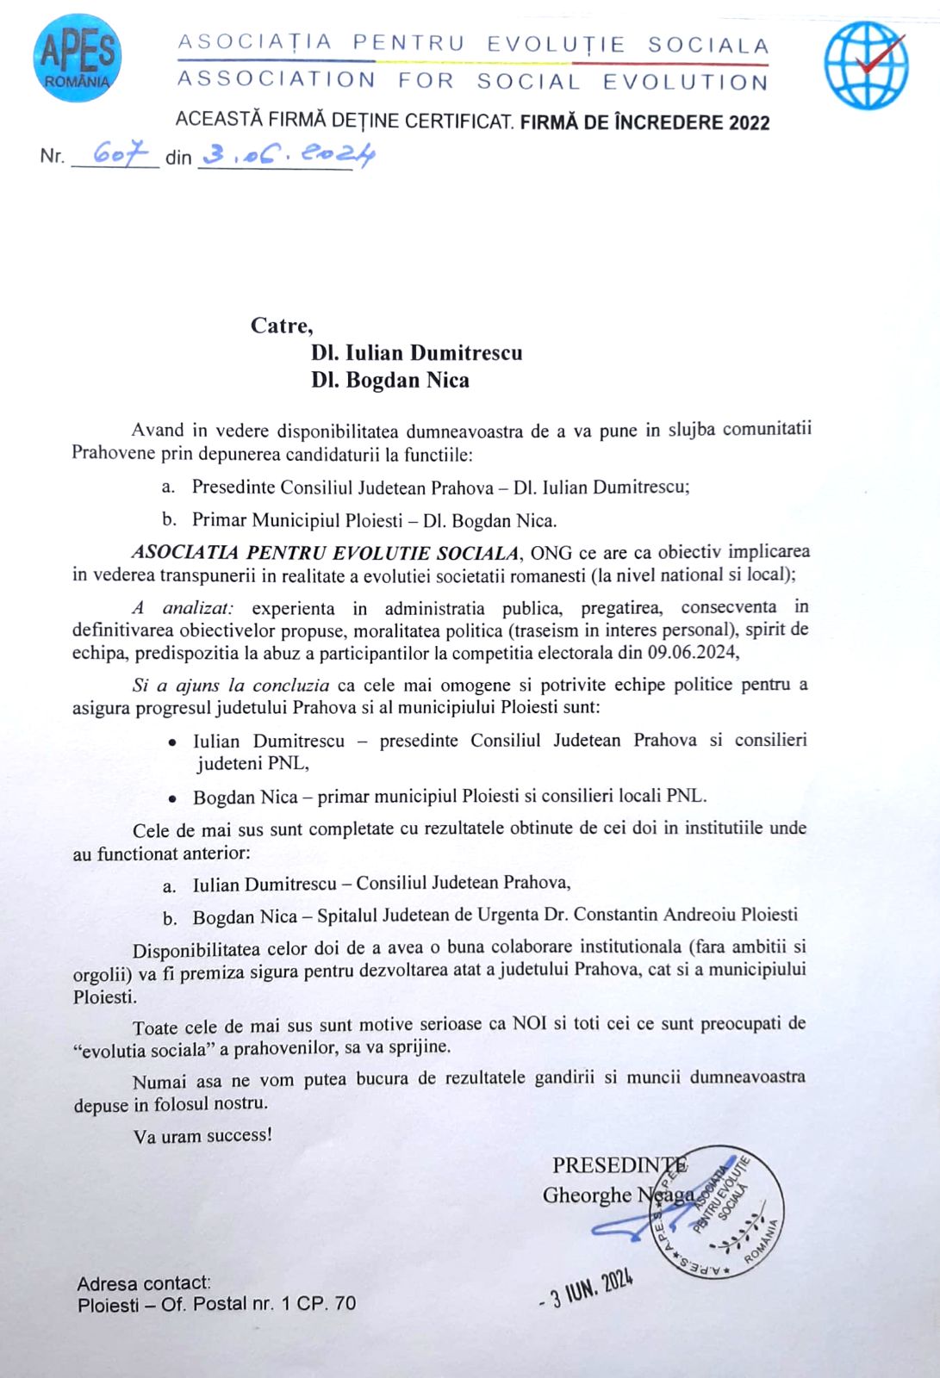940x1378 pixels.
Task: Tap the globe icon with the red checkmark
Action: (865, 65)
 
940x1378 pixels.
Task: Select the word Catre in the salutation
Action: (281, 326)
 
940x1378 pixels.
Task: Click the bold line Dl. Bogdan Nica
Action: (390, 381)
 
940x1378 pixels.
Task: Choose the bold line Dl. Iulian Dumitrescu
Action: (417, 353)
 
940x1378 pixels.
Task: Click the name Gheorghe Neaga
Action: (618, 1195)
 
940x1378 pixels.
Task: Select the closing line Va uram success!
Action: (202, 1136)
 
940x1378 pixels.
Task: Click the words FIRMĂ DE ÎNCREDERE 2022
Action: (644, 122)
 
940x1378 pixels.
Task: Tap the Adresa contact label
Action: (144, 1283)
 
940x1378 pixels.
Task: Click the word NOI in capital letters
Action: (529, 1024)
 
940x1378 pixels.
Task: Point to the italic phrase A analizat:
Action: (184, 608)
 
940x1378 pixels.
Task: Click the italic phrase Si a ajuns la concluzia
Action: (231, 686)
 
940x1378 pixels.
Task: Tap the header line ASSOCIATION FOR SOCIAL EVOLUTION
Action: (472, 82)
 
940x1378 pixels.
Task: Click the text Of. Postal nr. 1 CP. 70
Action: (258, 1304)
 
